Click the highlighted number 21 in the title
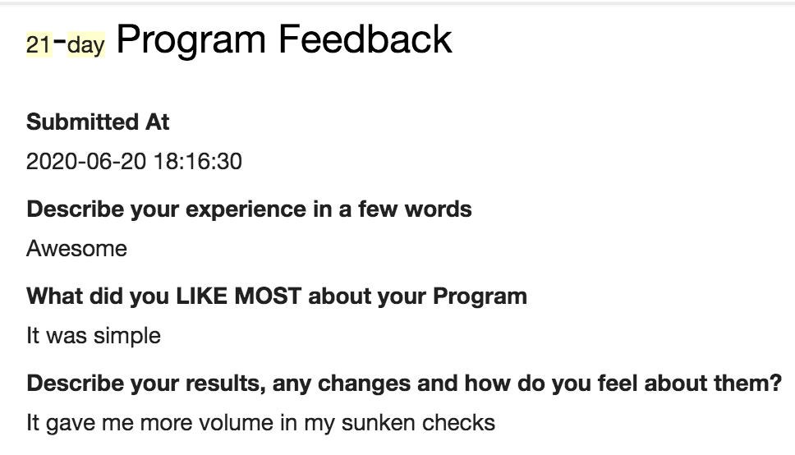pyautogui.click(x=39, y=44)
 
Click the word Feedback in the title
pyautogui.click(x=365, y=39)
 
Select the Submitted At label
pyautogui.click(x=98, y=122)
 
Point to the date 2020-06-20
pyautogui.click(x=86, y=161)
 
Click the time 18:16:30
pyautogui.click(x=198, y=161)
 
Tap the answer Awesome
pyautogui.click(x=76, y=249)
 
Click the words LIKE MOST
pyautogui.click(x=238, y=296)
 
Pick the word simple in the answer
pyautogui.click(x=126, y=336)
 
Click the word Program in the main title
pyautogui.click(x=191, y=40)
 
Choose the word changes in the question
pyautogui.click(x=364, y=384)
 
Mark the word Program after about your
pyautogui.click(x=480, y=297)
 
